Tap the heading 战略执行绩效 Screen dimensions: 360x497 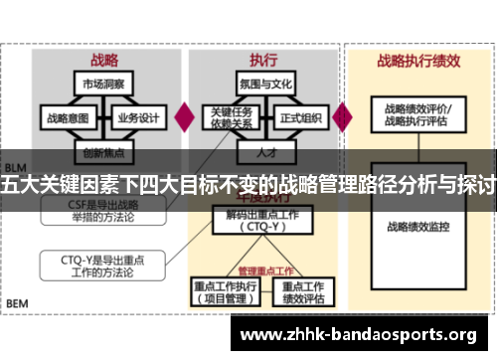click(x=418, y=61)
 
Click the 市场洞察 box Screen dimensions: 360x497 click(x=103, y=84)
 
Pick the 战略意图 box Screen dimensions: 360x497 click(x=67, y=117)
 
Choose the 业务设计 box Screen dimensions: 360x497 click(x=138, y=117)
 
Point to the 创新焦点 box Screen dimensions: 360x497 click(x=103, y=153)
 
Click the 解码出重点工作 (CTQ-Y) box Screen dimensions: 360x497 click(x=262, y=220)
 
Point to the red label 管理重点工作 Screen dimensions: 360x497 click(x=264, y=270)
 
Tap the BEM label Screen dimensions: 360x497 click(x=18, y=301)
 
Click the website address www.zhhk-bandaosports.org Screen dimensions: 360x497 click(x=360, y=333)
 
